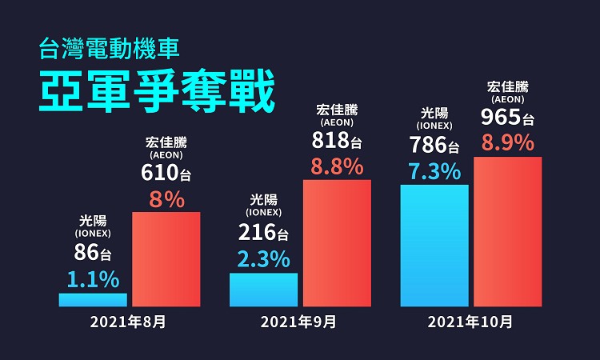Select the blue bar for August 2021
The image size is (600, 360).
[93, 300]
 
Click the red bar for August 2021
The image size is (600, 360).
[166, 259]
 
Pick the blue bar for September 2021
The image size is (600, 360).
[263, 290]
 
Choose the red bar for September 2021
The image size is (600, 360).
[337, 243]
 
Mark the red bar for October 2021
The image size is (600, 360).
[508, 232]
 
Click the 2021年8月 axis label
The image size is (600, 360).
[128, 323]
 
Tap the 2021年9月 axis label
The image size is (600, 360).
[298, 323]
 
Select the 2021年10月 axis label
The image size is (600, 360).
[470, 323]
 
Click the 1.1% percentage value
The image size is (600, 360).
[93, 279]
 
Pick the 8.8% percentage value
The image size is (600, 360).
[337, 167]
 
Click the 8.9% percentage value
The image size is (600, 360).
[508, 144]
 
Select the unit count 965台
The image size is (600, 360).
[508, 118]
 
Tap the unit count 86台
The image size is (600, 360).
[93, 254]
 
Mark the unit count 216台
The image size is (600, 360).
[263, 234]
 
